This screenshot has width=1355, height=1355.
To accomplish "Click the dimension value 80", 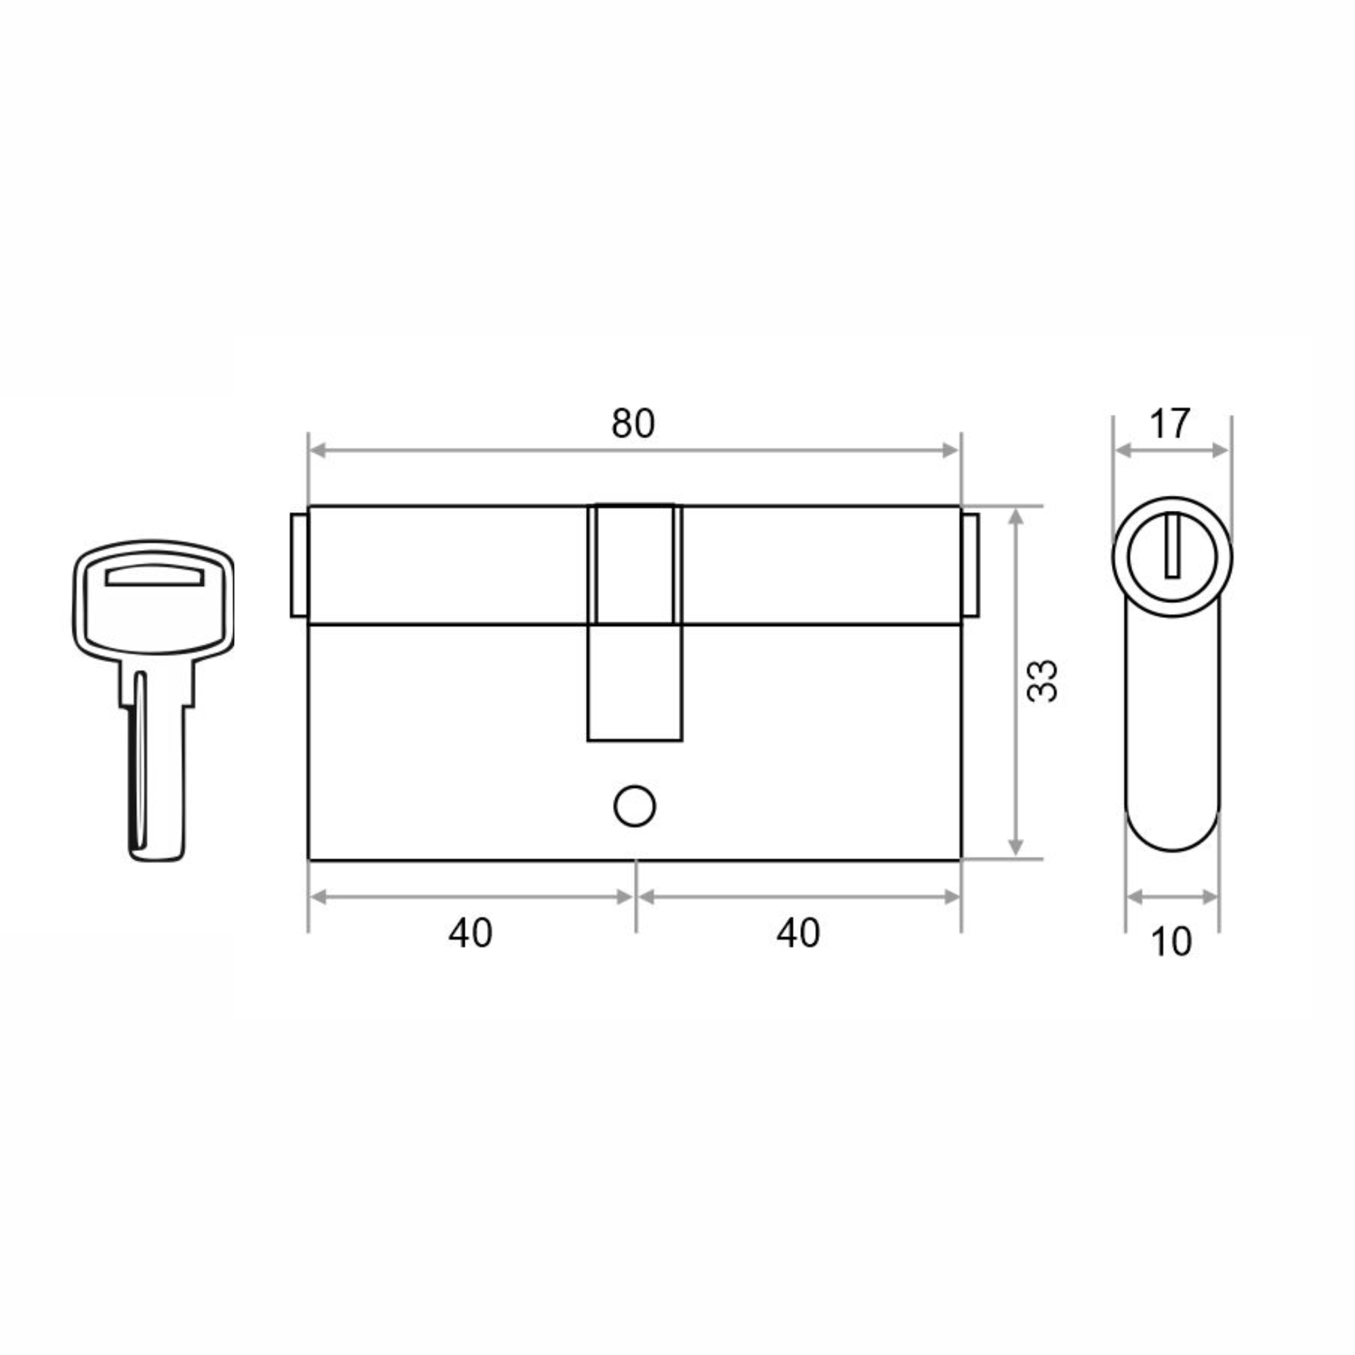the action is coord(633,423).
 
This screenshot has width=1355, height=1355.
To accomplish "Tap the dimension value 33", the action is coord(1042,680).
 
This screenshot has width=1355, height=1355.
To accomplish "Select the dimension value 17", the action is coord(1170,423).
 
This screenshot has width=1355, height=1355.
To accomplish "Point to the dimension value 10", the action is coord(1171,942).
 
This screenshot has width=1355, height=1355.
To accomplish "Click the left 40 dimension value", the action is coord(471,934).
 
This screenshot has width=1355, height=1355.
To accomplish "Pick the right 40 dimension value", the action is coord(798,934).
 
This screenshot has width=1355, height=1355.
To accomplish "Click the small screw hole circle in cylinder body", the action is coord(634,806).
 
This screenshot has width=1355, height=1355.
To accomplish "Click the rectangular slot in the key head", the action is coord(155,575).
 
